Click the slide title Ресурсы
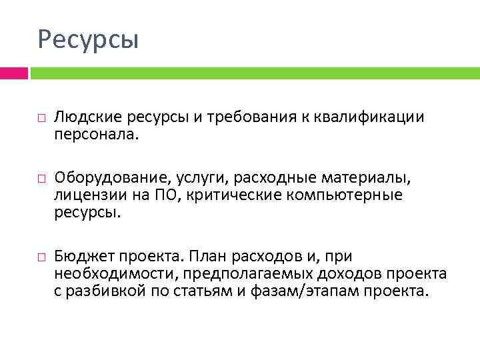[88, 39]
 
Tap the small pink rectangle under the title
[13, 73]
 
